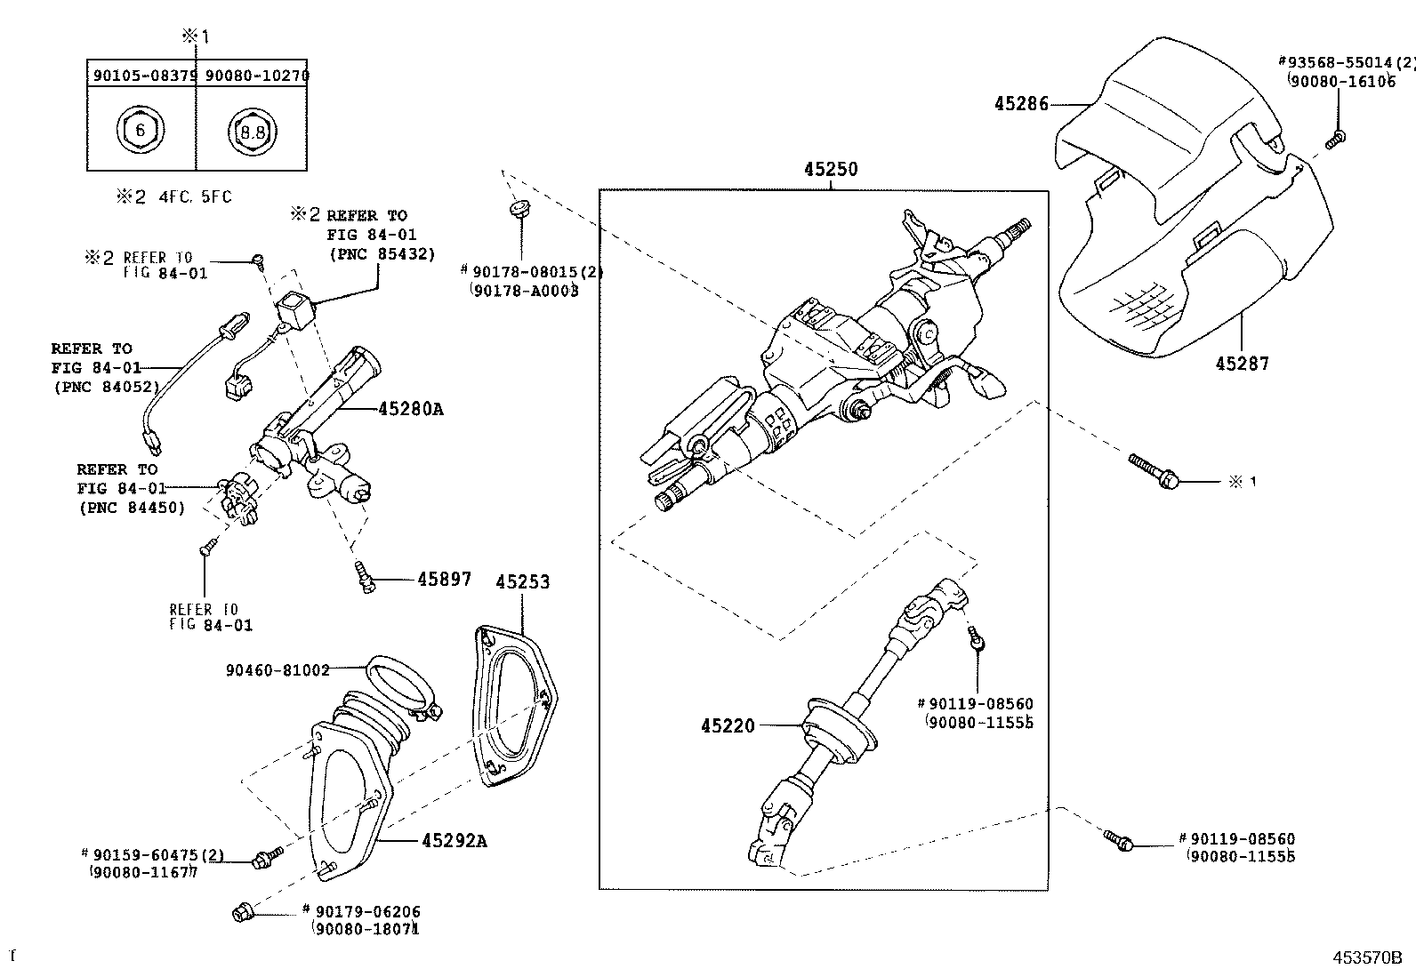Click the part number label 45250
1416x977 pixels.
831,169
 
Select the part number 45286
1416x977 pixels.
1021,104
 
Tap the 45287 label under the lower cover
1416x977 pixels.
1243,363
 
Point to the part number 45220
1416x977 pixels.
727,725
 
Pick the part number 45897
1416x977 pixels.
445,579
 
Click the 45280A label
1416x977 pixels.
410,409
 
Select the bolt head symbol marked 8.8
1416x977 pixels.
253,132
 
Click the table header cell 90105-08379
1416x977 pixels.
142,76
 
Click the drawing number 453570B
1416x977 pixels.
1366,957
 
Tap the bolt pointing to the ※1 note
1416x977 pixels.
1154,471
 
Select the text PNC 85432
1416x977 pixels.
382,253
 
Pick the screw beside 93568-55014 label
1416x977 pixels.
1335,138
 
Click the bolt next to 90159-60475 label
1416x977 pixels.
265,857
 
